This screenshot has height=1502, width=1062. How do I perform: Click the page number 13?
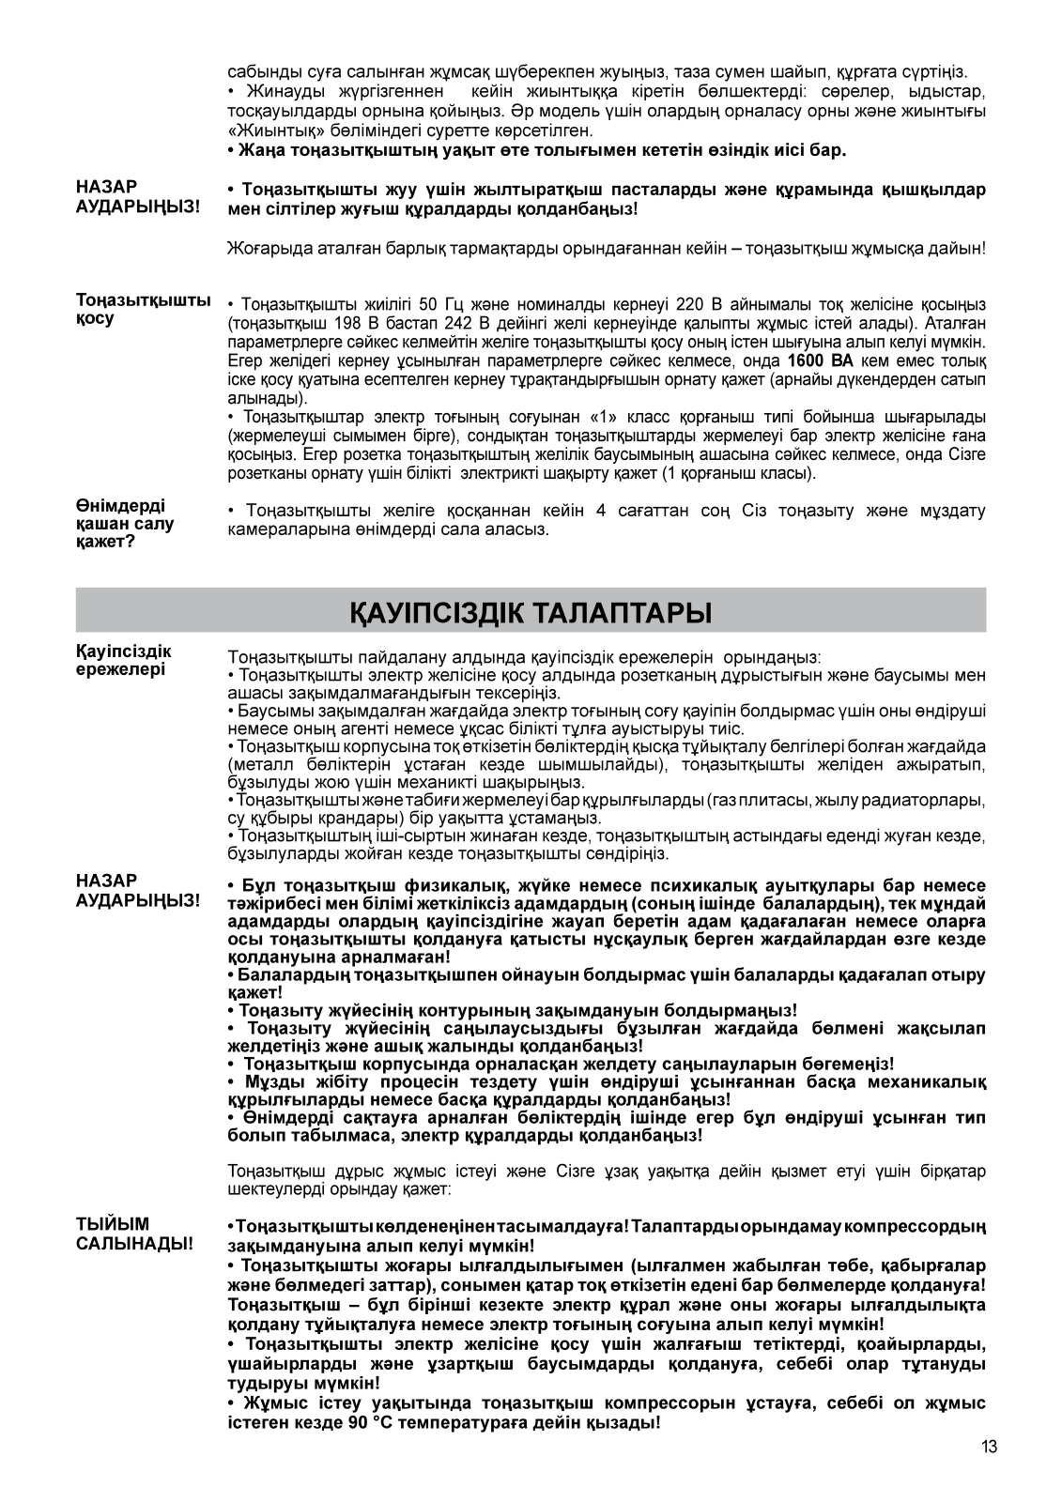(x=989, y=1447)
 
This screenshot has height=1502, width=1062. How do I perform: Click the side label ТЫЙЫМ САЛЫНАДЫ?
(x=134, y=1234)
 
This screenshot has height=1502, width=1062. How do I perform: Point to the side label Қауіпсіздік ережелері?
(x=123, y=660)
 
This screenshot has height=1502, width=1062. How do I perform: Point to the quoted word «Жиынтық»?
(x=270, y=130)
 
